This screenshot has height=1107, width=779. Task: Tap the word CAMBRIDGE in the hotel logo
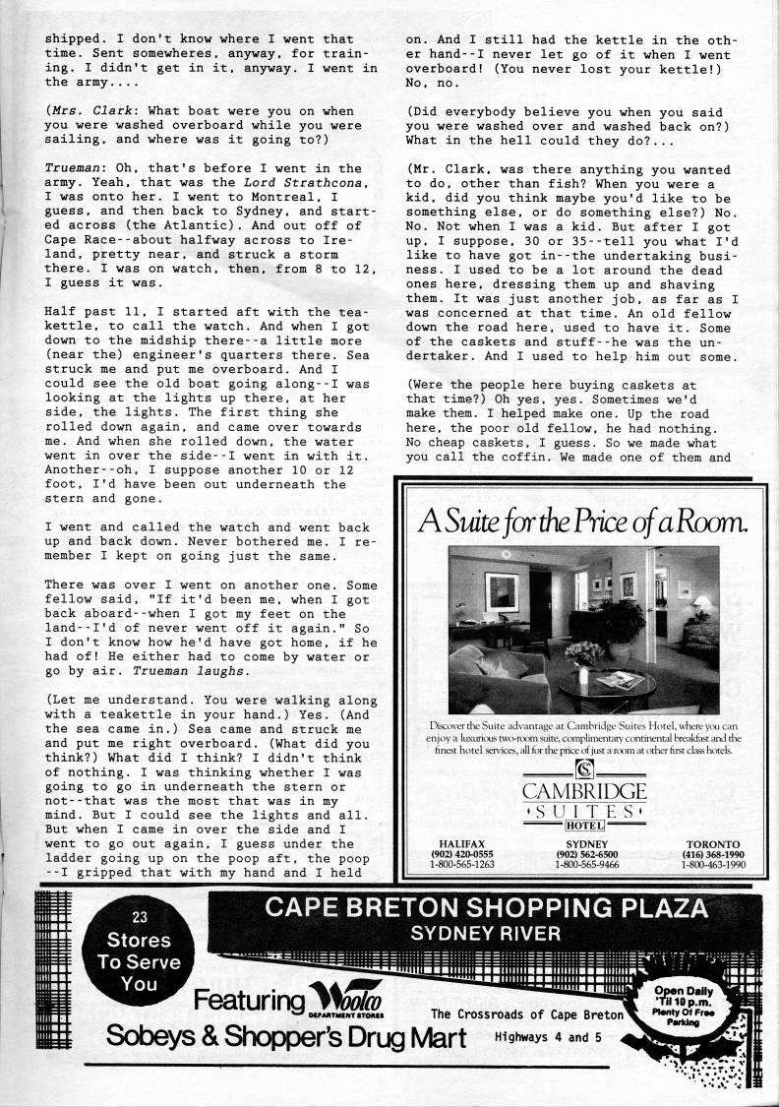tap(584, 790)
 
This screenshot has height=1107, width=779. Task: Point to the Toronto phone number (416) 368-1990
tap(715, 854)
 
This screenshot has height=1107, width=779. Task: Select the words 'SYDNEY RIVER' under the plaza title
tap(488, 932)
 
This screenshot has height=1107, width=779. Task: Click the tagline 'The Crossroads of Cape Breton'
tap(527, 1015)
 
